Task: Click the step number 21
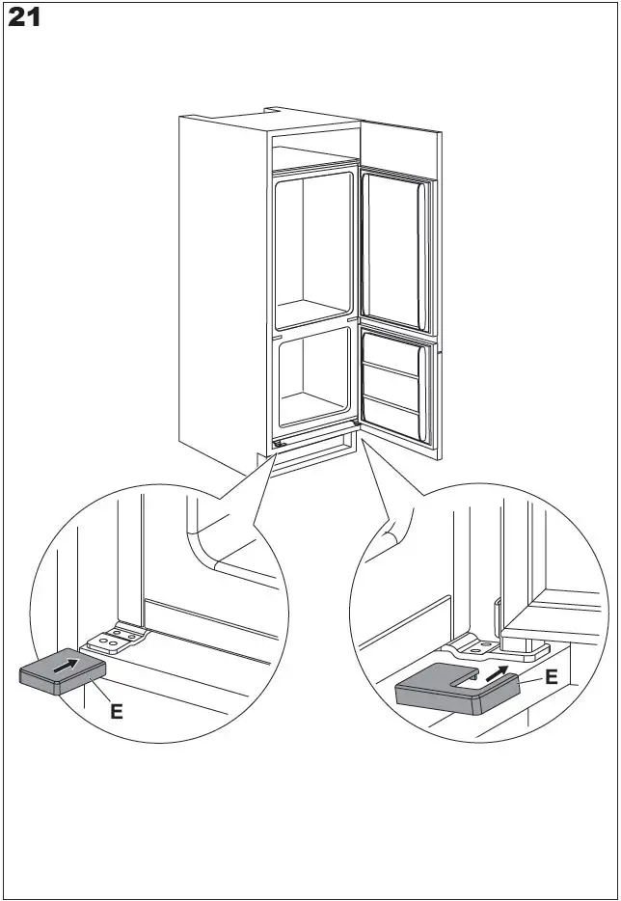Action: click(x=26, y=17)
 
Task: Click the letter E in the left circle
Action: click(x=117, y=712)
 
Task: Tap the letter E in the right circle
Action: click(x=551, y=677)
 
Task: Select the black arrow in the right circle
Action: click(x=499, y=672)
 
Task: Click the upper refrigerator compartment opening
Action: click(x=315, y=248)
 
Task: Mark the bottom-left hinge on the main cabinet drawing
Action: click(x=278, y=444)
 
